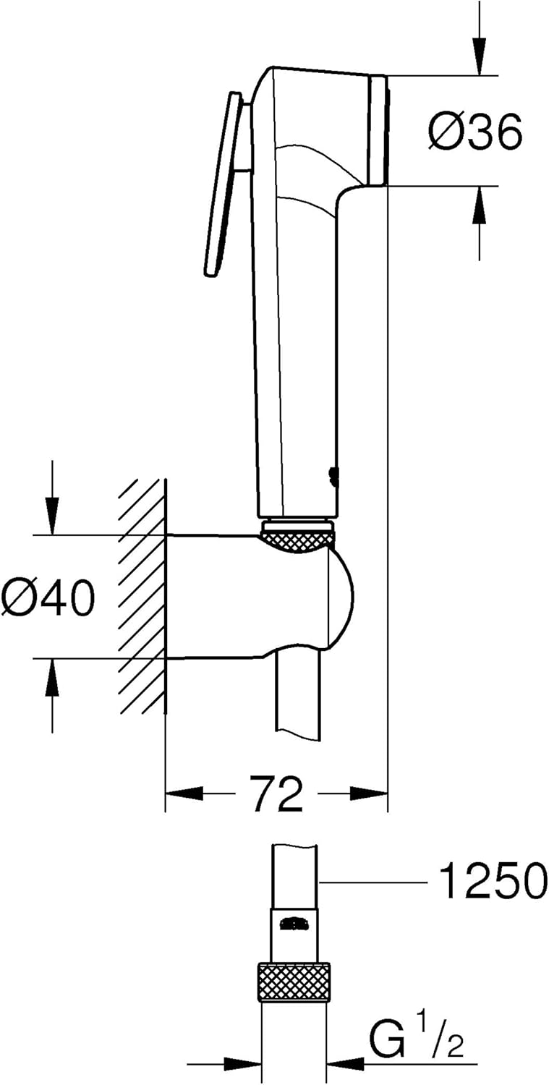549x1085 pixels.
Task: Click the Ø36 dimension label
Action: tap(474, 133)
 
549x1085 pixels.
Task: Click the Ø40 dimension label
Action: tap(48, 598)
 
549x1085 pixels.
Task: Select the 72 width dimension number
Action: tap(276, 793)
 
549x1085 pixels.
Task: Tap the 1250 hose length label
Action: tap(493, 882)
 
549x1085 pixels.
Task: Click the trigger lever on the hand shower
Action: tap(222, 184)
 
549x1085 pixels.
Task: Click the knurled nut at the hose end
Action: tap(294, 982)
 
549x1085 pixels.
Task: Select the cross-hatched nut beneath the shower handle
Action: tap(297, 540)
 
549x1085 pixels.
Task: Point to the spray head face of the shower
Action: tap(378, 129)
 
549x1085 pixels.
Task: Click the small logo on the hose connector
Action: tap(294, 924)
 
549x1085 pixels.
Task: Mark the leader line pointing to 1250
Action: tap(373, 882)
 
